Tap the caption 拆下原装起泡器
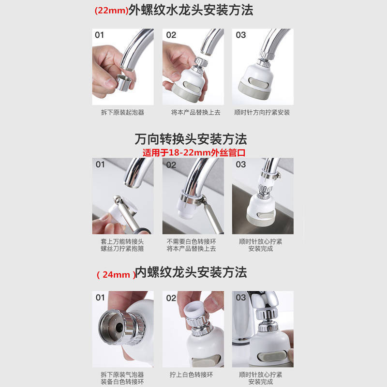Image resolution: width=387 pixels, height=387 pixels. tap(123, 112)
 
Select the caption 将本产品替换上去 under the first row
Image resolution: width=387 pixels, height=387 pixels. tap(193, 112)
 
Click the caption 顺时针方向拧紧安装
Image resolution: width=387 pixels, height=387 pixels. tap(263, 112)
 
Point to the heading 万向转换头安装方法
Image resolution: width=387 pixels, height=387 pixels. tap(191, 140)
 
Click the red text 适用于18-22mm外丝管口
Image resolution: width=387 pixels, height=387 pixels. tap(194, 152)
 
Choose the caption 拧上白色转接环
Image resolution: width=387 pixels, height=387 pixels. tap(193, 375)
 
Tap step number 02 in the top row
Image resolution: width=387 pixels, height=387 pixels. tap(171, 35)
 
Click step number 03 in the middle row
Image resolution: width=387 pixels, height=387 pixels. tap(241, 164)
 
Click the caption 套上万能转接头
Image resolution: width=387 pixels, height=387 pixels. tap(123, 241)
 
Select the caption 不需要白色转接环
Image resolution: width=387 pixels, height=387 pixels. tap(193, 241)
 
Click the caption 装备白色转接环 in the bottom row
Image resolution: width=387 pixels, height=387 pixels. tap(123, 382)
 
